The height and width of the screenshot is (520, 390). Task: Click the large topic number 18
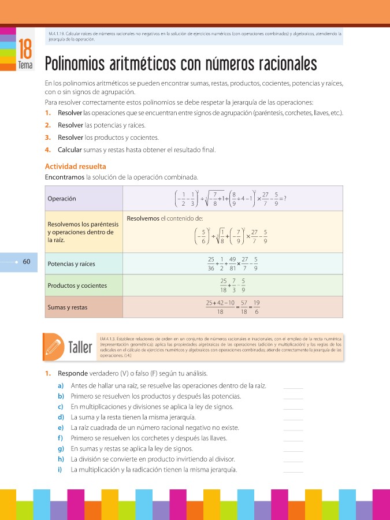pos(25,48)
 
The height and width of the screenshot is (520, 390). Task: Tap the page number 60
pos(27,262)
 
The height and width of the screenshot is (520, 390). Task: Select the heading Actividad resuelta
pos(75,166)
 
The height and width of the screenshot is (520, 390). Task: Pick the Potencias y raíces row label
pos(71,264)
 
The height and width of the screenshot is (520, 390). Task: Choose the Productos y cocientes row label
pos(77,285)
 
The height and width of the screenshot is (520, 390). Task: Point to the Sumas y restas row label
pos(67,307)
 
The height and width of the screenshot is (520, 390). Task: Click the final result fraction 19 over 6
pos(256,307)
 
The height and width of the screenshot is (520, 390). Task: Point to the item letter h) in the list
pos(61,459)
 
